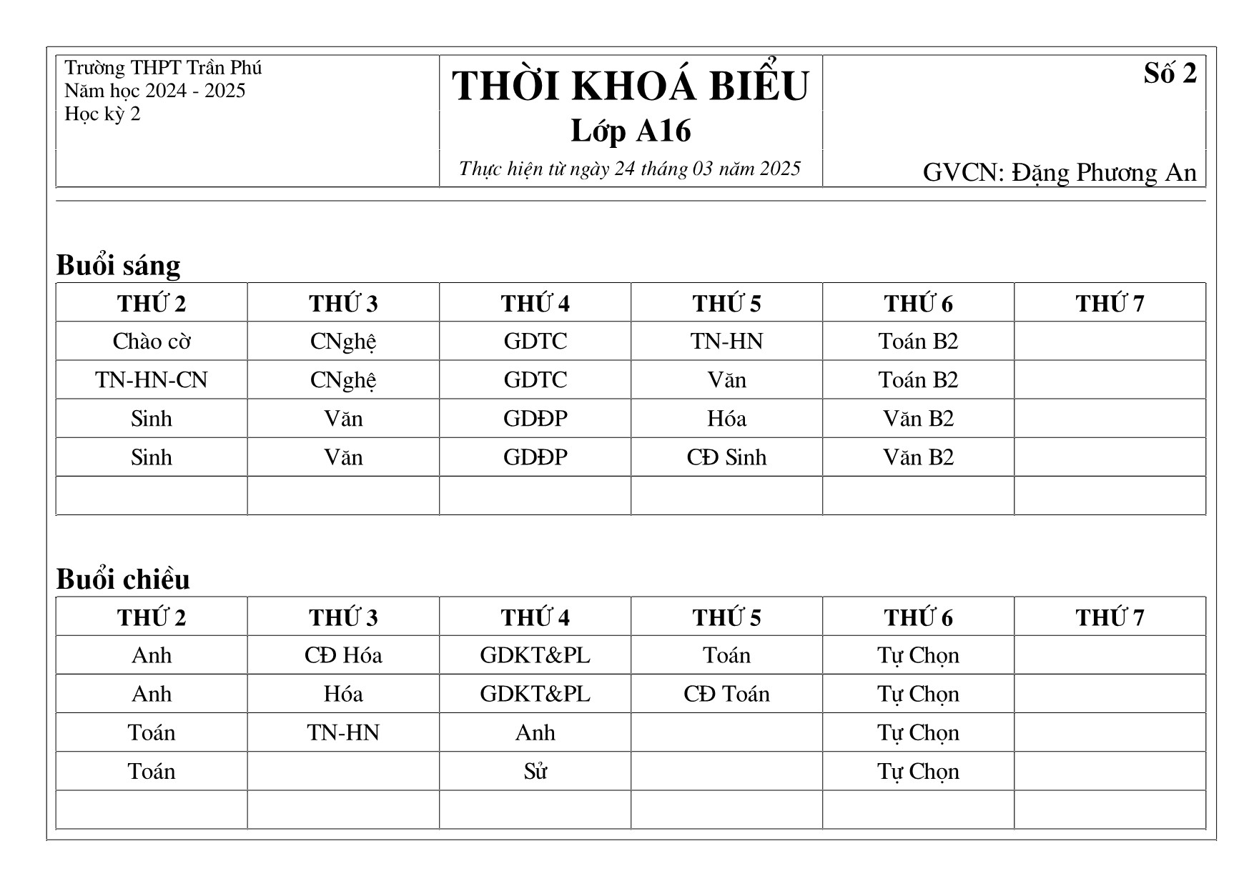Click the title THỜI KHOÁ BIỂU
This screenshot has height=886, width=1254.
click(630, 86)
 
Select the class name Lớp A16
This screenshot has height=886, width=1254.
click(630, 131)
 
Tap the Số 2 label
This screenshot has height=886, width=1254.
click(1169, 74)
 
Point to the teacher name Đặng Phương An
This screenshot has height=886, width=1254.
click(1103, 173)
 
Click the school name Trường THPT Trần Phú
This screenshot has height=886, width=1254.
click(163, 68)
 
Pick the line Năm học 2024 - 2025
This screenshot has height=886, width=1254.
click(154, 91)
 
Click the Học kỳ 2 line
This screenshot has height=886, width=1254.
click(102, 114)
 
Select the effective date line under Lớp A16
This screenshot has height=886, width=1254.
click(630, 169)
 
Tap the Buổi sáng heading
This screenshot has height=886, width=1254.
click(118, 265)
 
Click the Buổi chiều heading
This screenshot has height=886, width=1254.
click(123, 579)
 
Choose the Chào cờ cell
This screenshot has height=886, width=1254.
click(152, 341)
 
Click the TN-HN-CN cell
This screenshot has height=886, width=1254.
click(152, 379)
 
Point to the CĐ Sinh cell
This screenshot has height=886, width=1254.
click(726, 457)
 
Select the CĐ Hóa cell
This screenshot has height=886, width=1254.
click(343, 655)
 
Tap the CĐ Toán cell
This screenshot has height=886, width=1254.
click(726, 694)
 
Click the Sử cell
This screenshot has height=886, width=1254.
click(535, 771)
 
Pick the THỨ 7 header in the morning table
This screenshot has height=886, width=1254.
click(1110, 303)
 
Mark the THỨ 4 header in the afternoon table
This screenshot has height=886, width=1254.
click(535, 617)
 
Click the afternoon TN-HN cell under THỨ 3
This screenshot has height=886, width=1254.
click(343, 732)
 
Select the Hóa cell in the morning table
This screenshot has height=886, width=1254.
click(726, 418)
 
